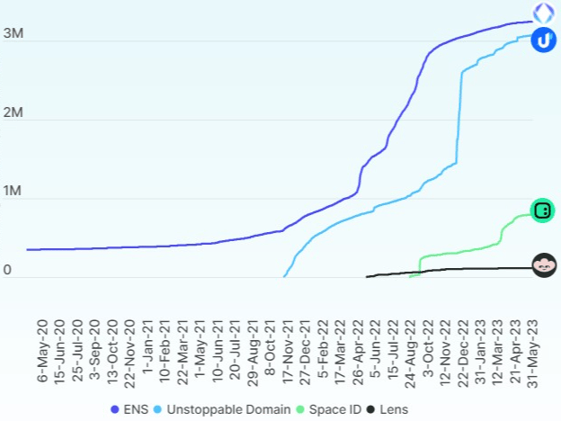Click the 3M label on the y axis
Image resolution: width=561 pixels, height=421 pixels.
tap(13, 33)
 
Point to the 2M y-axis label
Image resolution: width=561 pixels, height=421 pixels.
tap(13, 112)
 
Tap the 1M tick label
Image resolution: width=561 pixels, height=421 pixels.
tap(13, 191)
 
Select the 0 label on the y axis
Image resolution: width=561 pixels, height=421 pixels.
tap(7, 270)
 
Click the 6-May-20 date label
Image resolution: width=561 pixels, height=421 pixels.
tap(42, 351)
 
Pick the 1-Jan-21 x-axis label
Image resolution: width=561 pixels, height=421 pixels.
tap(147, 346)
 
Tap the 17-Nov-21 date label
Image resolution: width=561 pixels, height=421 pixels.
tap(288, 352)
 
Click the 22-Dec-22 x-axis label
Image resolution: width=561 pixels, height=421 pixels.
tap(463, 354)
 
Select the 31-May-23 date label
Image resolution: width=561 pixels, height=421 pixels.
tap(533, 354)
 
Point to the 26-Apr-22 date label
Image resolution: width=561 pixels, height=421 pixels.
tap(358, 353)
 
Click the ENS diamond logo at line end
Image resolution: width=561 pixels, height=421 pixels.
tap(543, 13)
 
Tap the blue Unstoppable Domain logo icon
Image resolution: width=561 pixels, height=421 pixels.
tap(543, 40)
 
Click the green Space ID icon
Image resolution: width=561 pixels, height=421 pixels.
tap(542, 210)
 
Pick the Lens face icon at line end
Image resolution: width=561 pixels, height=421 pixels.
tap(544, 265)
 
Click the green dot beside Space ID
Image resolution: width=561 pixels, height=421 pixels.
tap(300, 409)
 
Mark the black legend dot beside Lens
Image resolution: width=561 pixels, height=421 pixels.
tap(370, 409)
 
